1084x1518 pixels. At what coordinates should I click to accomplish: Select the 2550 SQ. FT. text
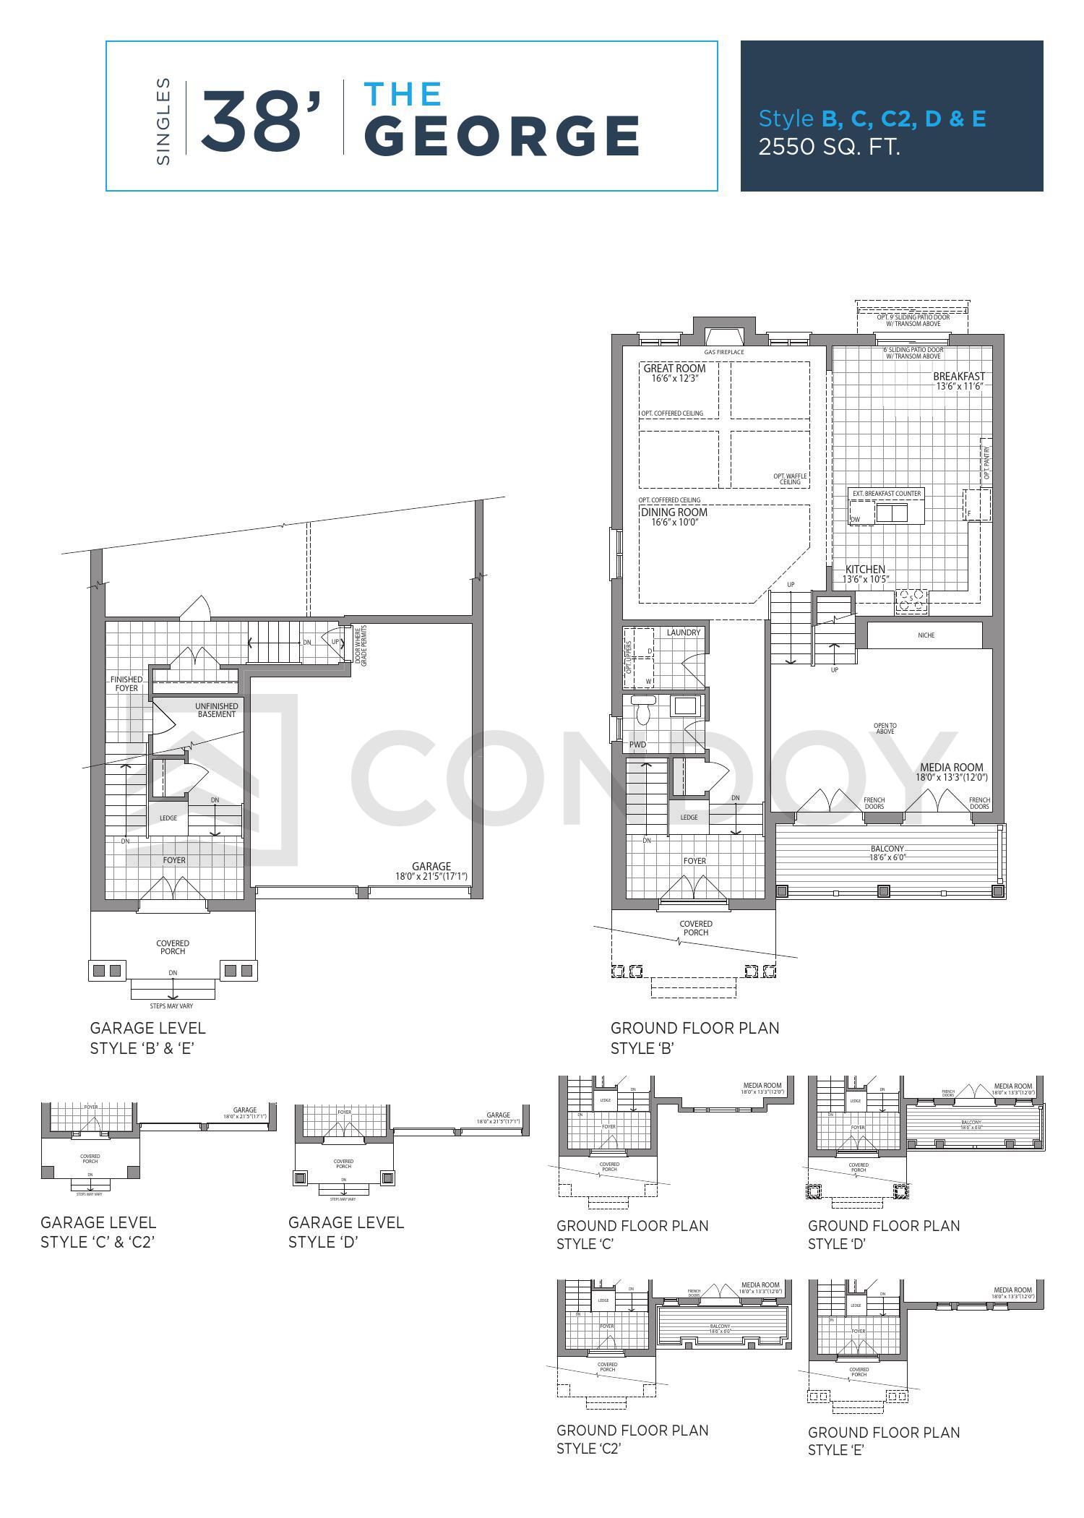point(829,147)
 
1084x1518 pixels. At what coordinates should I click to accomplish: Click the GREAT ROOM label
point(674,369)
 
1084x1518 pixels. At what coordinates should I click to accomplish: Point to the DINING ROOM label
point(674,513)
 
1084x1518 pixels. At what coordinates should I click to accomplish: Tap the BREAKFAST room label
point(958,377)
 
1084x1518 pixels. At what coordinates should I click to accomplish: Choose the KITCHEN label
point(865,570)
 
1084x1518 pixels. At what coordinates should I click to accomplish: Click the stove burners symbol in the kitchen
point(911,600)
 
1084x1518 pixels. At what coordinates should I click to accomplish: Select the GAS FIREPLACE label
point(723,353)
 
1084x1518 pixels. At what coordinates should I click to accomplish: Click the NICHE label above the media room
point(926,635)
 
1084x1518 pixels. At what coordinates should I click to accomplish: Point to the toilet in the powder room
point(642,711)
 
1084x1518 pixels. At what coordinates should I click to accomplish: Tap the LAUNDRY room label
point(683,632)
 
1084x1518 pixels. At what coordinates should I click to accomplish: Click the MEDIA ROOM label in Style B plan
point(951,768)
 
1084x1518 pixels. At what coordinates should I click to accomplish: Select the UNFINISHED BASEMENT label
point(216,710)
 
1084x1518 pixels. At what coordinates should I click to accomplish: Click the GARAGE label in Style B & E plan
point(431,866)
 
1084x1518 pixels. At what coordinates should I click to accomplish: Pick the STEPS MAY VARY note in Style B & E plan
point(173,1005)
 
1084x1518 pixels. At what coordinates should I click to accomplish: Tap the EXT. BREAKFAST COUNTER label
point(887,494)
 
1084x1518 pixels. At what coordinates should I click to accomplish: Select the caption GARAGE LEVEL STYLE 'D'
point(345,1232)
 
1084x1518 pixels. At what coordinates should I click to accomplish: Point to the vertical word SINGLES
point(163,121)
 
